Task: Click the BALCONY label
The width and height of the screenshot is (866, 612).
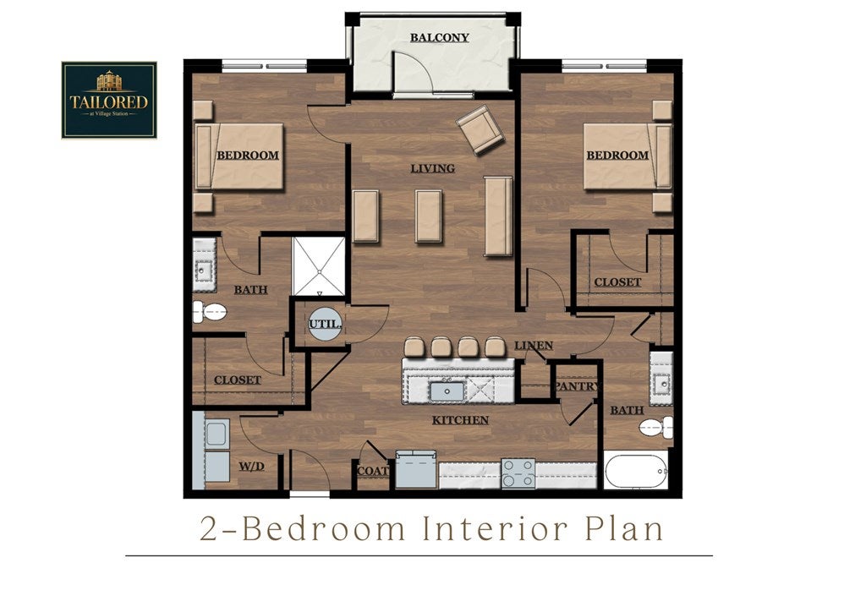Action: [440, 37]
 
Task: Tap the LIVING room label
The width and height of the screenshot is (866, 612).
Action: [432, 168]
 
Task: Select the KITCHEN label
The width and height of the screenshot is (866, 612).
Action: [461, 420]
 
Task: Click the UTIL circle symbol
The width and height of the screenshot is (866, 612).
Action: [325, 324]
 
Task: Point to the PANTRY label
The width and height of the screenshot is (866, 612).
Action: [577, 386]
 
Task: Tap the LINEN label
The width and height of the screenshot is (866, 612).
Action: [534, 346]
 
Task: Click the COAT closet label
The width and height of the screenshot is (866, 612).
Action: [373, 472]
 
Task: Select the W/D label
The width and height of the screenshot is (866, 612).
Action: [251, 467]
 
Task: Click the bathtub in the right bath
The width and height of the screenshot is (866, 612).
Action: [636, 470]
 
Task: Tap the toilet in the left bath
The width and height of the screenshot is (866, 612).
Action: [210, 313]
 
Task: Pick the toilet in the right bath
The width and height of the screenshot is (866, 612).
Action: [656, 427]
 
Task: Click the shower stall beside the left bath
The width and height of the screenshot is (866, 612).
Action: [319, 267]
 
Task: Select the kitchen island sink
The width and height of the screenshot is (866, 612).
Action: [447, 391]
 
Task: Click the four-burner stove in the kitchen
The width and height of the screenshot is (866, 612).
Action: [518, 473]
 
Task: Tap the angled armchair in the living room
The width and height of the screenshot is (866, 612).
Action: [480, 129]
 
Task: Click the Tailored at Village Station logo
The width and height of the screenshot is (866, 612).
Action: [109, 100]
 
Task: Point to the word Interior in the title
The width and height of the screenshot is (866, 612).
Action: [495, 528]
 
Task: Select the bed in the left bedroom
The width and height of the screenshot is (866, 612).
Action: [239, 156]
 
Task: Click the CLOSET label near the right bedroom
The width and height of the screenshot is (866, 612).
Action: [617, 282]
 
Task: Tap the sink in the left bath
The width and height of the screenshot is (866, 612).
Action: [204, 265]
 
